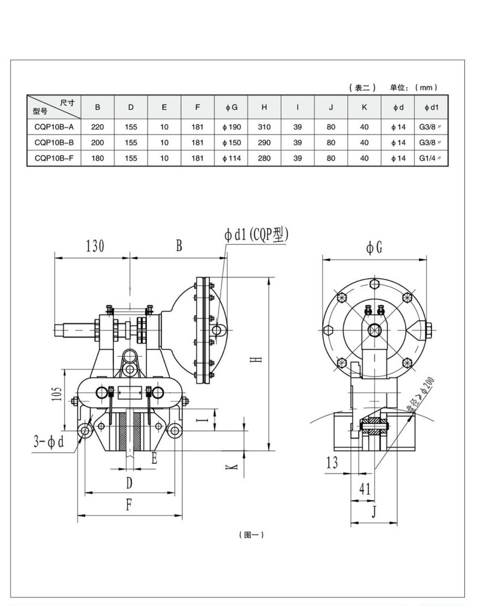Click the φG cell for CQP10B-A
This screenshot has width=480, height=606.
(231, 127)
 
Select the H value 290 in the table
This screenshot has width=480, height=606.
(264, 143)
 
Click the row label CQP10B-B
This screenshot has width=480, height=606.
(54, 143)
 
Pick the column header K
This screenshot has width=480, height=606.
(364, 107)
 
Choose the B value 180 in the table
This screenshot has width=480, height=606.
(97, 158)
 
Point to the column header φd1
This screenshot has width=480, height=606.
(431, 107)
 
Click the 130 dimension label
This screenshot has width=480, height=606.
(95, 246)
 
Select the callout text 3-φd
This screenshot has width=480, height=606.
(49, 441)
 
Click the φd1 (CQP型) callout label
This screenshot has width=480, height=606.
(256, 234)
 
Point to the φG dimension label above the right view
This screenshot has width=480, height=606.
(374, 248)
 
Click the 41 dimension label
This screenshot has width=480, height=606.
(365, 489)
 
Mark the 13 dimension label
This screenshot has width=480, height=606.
(332, 462)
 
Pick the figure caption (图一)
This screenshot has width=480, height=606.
(251, 543)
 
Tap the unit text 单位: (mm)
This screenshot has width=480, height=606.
(414, 87)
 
